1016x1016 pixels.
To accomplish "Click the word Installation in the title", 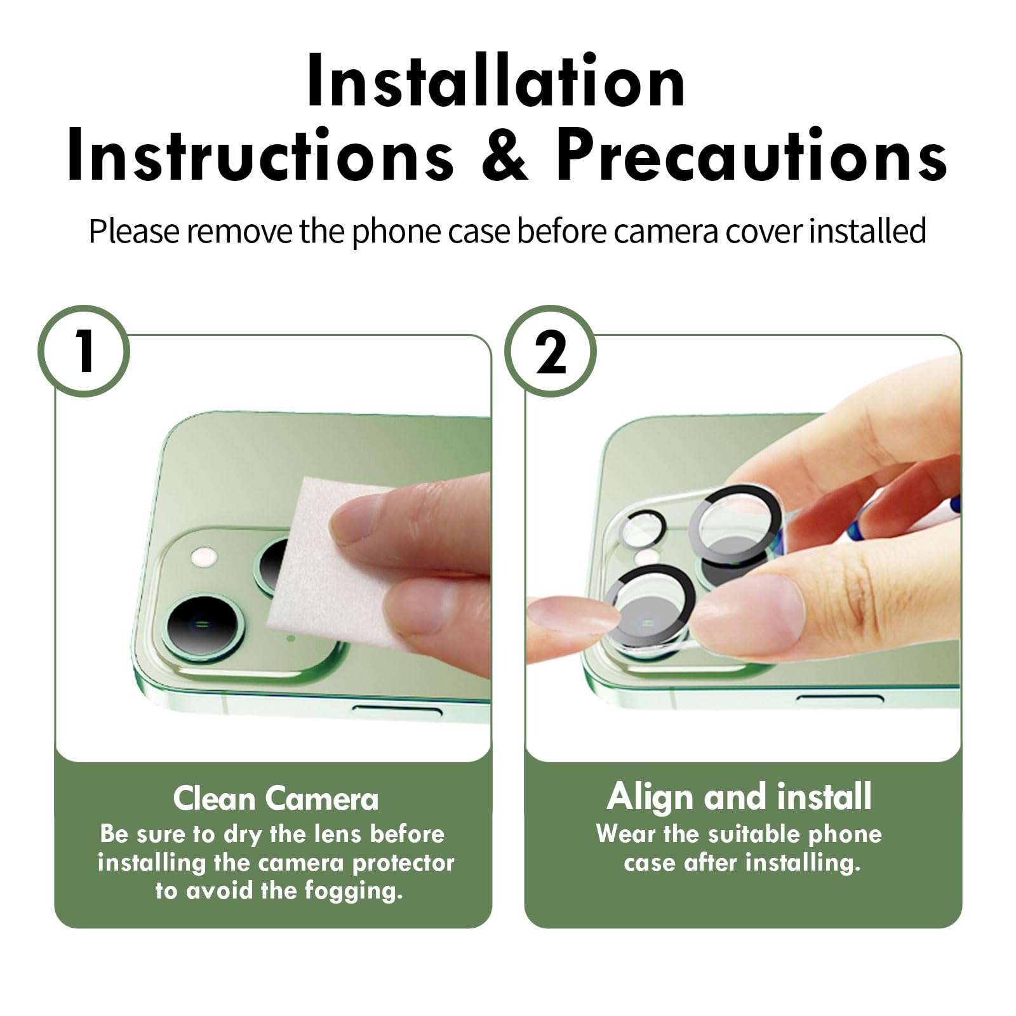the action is coord(496,82).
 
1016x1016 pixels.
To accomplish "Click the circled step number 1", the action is coord(84,351).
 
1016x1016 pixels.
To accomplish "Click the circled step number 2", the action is coord(551,351).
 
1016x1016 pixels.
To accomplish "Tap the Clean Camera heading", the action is coord(276,799).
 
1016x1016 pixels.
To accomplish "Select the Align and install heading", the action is coord(739,798).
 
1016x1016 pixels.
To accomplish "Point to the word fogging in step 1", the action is coord(354,892).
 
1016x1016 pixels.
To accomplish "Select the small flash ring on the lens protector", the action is coord(643,529).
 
